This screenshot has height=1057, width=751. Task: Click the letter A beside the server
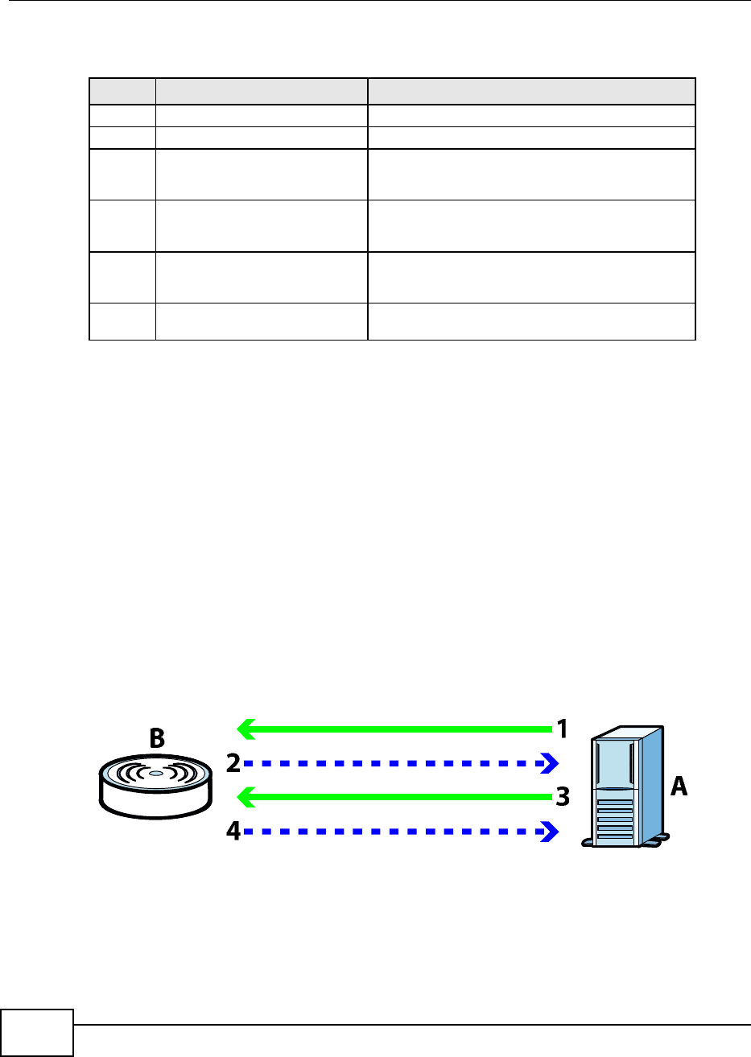[x=680, y=787]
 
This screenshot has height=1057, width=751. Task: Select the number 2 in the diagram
[x=233, y=763]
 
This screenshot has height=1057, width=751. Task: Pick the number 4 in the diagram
[x=233, y=832]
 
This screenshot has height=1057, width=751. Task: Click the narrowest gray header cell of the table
[x=122, y=91]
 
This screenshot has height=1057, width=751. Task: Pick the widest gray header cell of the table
[x=531, y=91]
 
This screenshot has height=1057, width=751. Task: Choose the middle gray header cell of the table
[x=262, y=91]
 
